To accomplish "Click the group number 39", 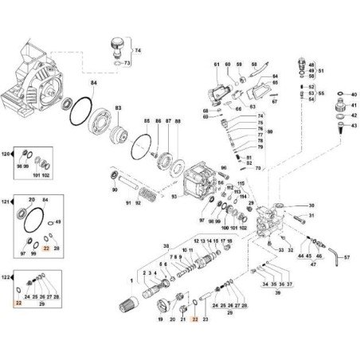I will [276, 293].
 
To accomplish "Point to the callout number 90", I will [115, 190].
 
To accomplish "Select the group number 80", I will [268, 131].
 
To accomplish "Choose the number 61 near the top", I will [215, 63].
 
